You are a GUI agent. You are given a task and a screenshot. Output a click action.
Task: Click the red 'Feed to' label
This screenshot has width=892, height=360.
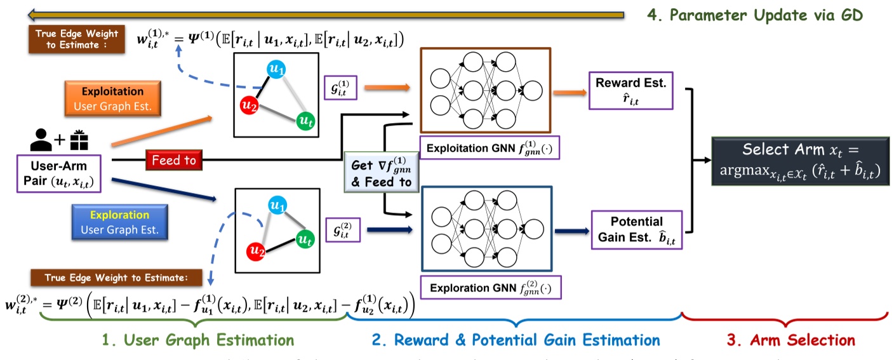pyautogui.click(x=173, y=161)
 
